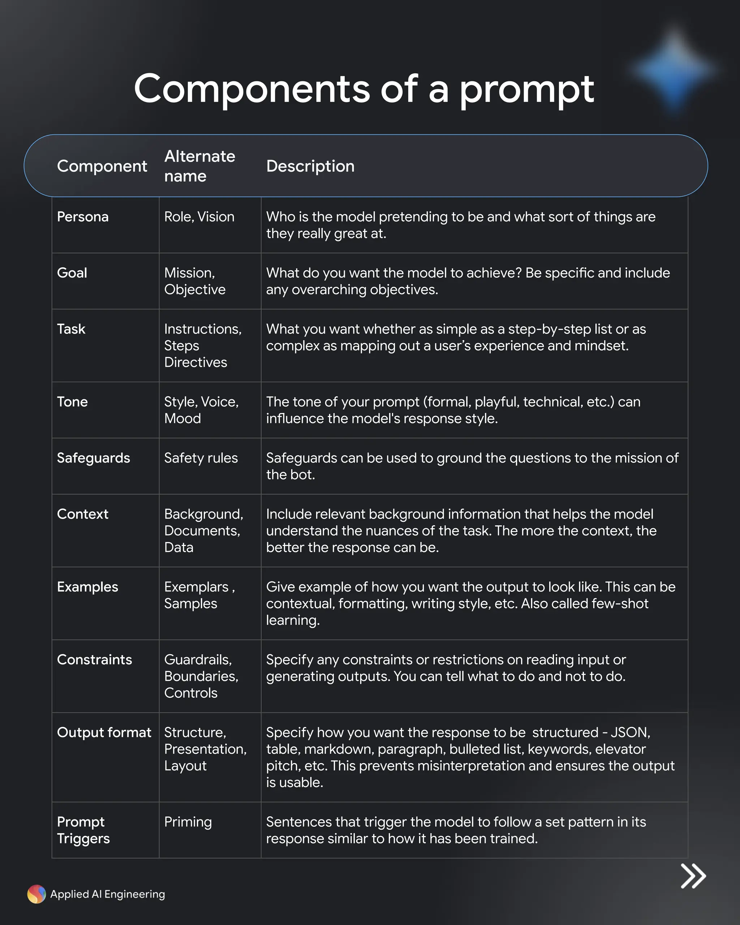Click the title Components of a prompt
click(364, 89)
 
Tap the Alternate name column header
click(199, 166)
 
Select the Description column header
click(310, 166)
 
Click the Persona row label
click(83, 217)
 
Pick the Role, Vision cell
click(199, 217)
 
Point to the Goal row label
click(72, 273)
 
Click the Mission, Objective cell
click(195, 281)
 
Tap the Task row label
click(71, 329)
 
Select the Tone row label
click(73, 402)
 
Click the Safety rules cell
click(201, 458)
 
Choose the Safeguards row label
click(94, 458)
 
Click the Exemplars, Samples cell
click(199, 595)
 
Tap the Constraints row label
click(94, 659)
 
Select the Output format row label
click(104, 732)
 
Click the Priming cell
click(188, 822)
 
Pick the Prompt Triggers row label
click(83, 830)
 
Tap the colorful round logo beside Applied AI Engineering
click(36, 894)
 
